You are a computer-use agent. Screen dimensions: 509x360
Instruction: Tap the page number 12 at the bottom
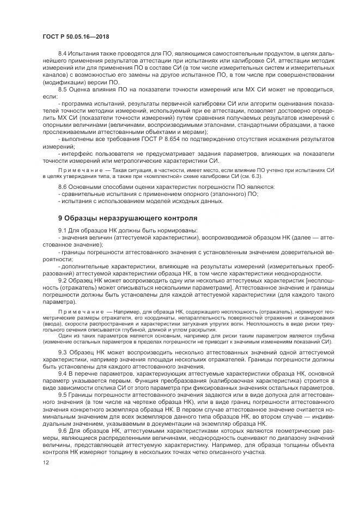click(x=45, y=462)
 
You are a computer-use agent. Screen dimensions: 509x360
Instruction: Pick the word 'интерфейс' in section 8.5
click(x=76, y=154)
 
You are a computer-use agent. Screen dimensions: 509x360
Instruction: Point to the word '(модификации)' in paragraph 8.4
click(x=60, y=82)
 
